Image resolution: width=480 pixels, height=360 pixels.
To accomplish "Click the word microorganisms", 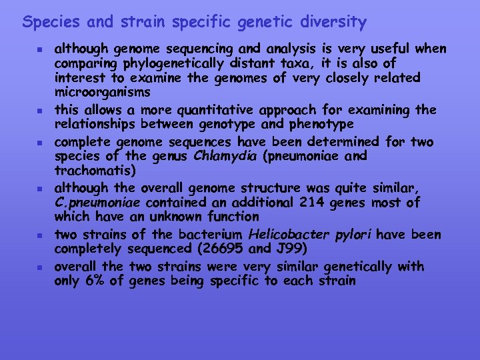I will tap(102, 92).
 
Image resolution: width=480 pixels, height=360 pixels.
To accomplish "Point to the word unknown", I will tap(171, 217).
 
